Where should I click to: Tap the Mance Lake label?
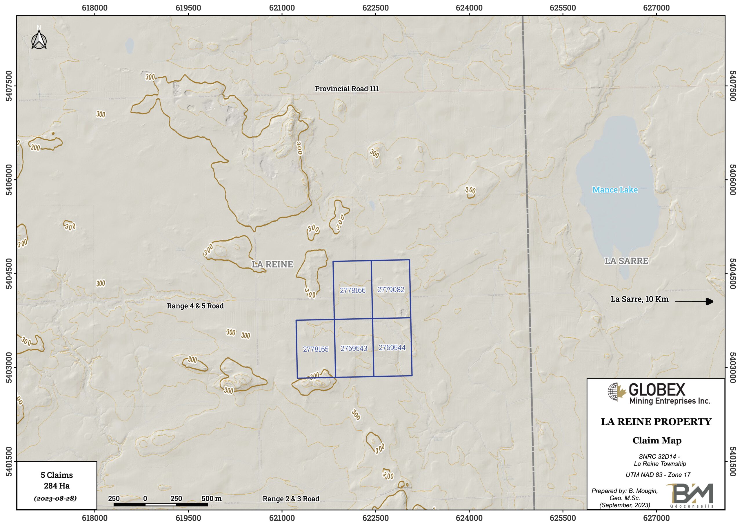(x=615, y=190)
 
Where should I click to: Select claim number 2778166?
(x=352, y=290)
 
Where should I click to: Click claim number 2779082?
(x=391, y=289)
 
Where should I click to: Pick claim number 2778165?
(x=315, y=349)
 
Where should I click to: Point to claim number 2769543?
(x=354, y=348)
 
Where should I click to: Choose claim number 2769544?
(x=392, y=348)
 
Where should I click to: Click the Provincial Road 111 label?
(x=347, y=89)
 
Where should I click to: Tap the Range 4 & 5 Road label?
(x=195, y=306)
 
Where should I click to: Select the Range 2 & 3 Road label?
(x=291, y=499)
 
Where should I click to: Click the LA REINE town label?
(x=272, y=264)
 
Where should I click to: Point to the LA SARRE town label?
(x=626, y=261)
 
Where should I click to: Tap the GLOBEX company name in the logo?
(x=657, y=390)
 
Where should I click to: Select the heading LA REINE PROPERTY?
(x=656, y=422)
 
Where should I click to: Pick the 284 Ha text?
(x=57, y=486)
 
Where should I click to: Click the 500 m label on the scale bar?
(x=211, y=499)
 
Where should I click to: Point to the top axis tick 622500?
(x=376, y=8)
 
